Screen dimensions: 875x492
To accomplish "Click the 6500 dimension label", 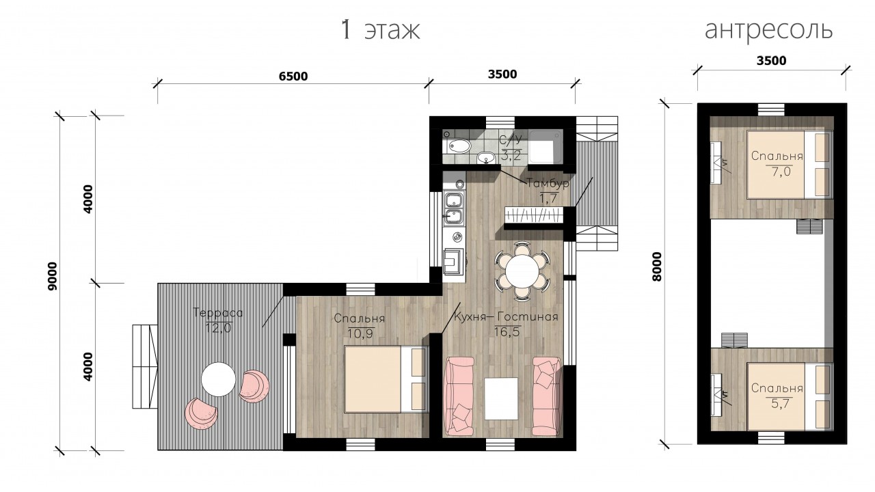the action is (293, 76).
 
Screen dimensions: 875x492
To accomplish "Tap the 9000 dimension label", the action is (52, 276).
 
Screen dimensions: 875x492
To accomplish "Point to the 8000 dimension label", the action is (657, 266).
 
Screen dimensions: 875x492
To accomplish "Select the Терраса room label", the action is (218, 313).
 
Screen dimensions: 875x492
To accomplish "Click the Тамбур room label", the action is (548, 183).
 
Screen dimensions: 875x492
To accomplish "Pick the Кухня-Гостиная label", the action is (505, 316).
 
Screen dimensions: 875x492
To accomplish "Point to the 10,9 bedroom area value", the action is (360, 333).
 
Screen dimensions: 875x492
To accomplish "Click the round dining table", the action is (522, 271).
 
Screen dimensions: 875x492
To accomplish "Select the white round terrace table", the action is (218, 379).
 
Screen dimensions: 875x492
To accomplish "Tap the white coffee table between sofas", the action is (502, 398).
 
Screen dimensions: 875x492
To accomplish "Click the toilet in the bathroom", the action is (458, 146).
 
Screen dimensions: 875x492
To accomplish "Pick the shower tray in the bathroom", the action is (546, 146).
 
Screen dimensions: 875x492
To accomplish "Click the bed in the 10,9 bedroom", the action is (385, 379).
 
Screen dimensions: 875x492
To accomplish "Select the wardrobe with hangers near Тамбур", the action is (534, 215).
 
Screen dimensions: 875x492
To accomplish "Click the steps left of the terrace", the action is (145, 366).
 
